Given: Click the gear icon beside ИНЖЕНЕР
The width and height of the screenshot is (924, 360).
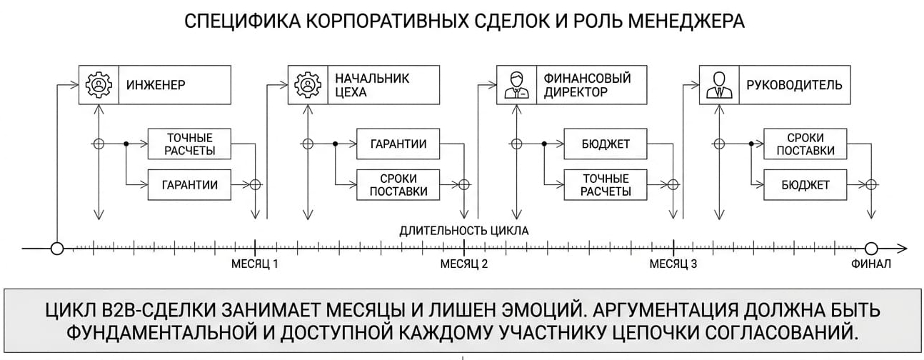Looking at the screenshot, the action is (x=99, y=84).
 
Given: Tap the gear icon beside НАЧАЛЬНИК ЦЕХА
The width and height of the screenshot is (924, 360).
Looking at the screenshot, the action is (x=308, y=84).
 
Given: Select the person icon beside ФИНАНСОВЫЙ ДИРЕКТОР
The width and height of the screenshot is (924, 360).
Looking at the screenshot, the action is (x=516, y=85).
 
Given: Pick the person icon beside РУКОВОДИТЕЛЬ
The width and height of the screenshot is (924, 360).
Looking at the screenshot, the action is (x=719, y=85).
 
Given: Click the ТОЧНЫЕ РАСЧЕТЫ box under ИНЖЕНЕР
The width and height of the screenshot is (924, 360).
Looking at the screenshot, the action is (x=189, y=144).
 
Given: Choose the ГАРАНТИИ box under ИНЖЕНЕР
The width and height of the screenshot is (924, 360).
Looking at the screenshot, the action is (x=189, y=184).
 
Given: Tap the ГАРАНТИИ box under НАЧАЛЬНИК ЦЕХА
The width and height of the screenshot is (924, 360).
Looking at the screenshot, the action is (x=398, y=144).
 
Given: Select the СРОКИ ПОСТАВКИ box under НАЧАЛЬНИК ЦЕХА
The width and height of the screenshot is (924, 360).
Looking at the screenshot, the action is (x=398, y=184).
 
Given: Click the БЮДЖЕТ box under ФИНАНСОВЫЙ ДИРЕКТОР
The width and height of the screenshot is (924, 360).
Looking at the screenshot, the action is (x=606, y=144).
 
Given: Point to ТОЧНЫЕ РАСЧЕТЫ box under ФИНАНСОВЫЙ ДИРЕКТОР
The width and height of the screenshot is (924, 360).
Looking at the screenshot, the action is (x=606, y=184).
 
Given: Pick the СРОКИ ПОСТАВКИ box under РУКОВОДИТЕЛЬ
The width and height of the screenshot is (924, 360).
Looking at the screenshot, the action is (x=805, y=144).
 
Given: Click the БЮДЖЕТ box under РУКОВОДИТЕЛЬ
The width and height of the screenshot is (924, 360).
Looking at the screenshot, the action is (x=805, y=184).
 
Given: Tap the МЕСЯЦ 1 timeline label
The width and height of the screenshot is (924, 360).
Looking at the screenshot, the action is (x=254, y=264).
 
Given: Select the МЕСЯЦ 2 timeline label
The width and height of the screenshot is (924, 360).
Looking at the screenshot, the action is (x=464, y=264).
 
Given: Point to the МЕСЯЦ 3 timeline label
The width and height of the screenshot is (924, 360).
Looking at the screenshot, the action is (x=673, y=264).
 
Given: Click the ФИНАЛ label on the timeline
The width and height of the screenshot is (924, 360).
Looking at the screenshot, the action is (x=871, y=264).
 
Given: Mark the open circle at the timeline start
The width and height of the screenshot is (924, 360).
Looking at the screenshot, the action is (x=57, y=249).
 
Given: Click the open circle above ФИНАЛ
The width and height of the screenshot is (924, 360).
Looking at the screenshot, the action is (x=871, y=249).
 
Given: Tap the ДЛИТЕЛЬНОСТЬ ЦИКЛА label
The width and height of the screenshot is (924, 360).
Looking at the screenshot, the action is (x=464, y=231).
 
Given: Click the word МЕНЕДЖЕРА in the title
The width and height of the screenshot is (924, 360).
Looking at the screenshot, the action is (x=686, y=21).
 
